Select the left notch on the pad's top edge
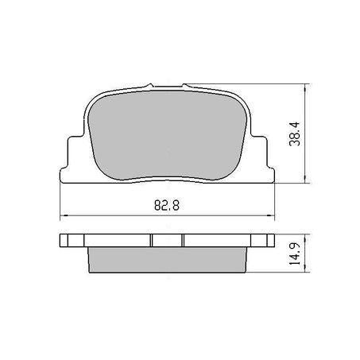point(145,85)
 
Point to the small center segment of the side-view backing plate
point(168,242)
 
